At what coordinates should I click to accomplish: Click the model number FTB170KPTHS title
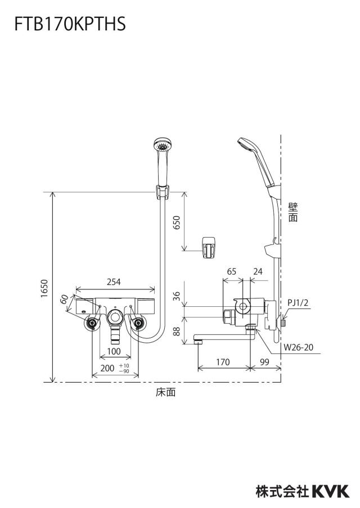pos(70,24)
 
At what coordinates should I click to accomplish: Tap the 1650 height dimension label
pos(44,288)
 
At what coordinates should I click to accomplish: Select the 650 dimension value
pos(177,223)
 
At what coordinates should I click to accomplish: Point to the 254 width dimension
pos(114,282)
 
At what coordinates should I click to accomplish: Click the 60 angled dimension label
pos(65,299)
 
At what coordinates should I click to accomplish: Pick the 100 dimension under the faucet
pos(114,351)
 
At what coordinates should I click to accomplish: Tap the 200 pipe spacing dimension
pos(107,368)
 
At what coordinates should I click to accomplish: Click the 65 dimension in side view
pos(232,271)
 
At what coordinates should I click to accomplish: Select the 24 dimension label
pos(258,271)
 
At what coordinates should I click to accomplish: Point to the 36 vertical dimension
pos(176,296)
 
